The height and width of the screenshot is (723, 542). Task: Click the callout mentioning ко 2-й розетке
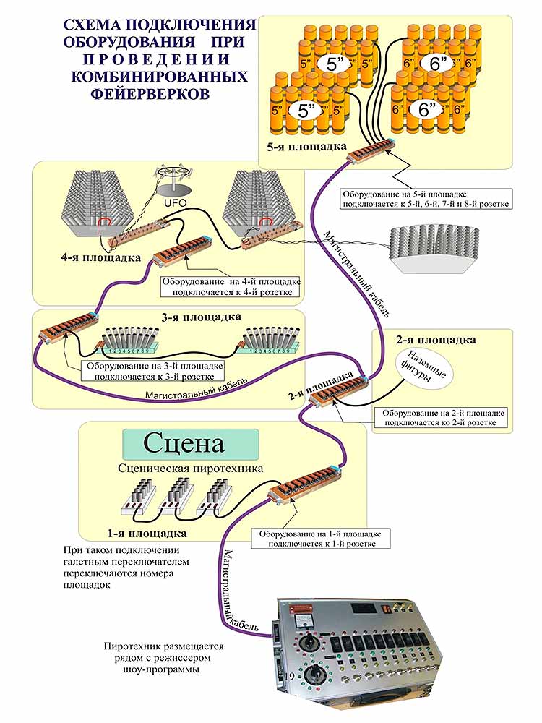point(440,416)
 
